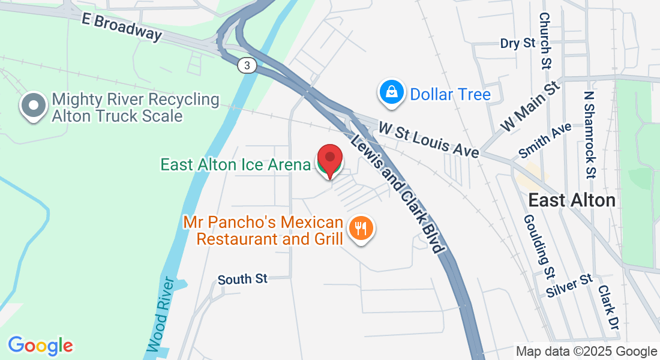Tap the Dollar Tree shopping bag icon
391,93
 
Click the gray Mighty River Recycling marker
34,106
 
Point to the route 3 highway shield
246,65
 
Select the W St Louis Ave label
429,140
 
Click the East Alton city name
572,200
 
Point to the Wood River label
161,314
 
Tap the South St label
242,279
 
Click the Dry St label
517,43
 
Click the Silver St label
570,286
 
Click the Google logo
40,346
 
